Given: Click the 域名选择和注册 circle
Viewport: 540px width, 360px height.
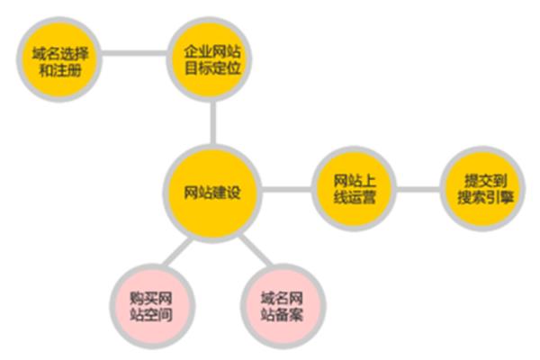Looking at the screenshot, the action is [59, 59].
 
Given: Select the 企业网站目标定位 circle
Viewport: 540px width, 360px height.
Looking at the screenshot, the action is [209, 58].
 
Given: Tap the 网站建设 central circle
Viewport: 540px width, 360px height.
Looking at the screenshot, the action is [212, 193].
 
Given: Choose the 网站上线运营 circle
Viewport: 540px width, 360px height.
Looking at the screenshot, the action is [354, 189].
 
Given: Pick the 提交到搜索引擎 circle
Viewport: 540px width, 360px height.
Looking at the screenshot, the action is [482, 189].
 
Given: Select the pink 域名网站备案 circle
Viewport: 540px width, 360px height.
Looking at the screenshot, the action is [283, 306].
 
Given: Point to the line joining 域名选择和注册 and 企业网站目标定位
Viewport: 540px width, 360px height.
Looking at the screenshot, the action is [134, 53].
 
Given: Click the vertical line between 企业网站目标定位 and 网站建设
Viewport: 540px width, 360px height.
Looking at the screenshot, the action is [213, 122].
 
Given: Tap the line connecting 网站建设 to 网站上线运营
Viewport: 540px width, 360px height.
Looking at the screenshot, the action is [287, 190].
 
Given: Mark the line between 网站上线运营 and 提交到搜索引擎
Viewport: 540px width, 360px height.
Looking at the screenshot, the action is [418, 190].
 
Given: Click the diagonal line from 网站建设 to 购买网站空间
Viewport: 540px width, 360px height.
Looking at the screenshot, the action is [177, 252].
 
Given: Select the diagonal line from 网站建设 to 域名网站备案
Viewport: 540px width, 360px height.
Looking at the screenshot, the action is [256, 250].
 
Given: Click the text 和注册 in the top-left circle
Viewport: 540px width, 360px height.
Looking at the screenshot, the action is [60, 70].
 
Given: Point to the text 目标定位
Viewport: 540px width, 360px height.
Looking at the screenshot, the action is [212, 68].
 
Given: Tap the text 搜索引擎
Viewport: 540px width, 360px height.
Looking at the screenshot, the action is [486, 197].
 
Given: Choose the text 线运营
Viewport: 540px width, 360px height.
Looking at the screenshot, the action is [355, 197].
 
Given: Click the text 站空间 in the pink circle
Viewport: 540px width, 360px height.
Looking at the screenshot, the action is [151, 314].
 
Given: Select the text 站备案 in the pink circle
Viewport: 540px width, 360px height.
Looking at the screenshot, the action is [282, 314].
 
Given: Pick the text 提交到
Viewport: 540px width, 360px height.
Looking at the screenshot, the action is [486, 181].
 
